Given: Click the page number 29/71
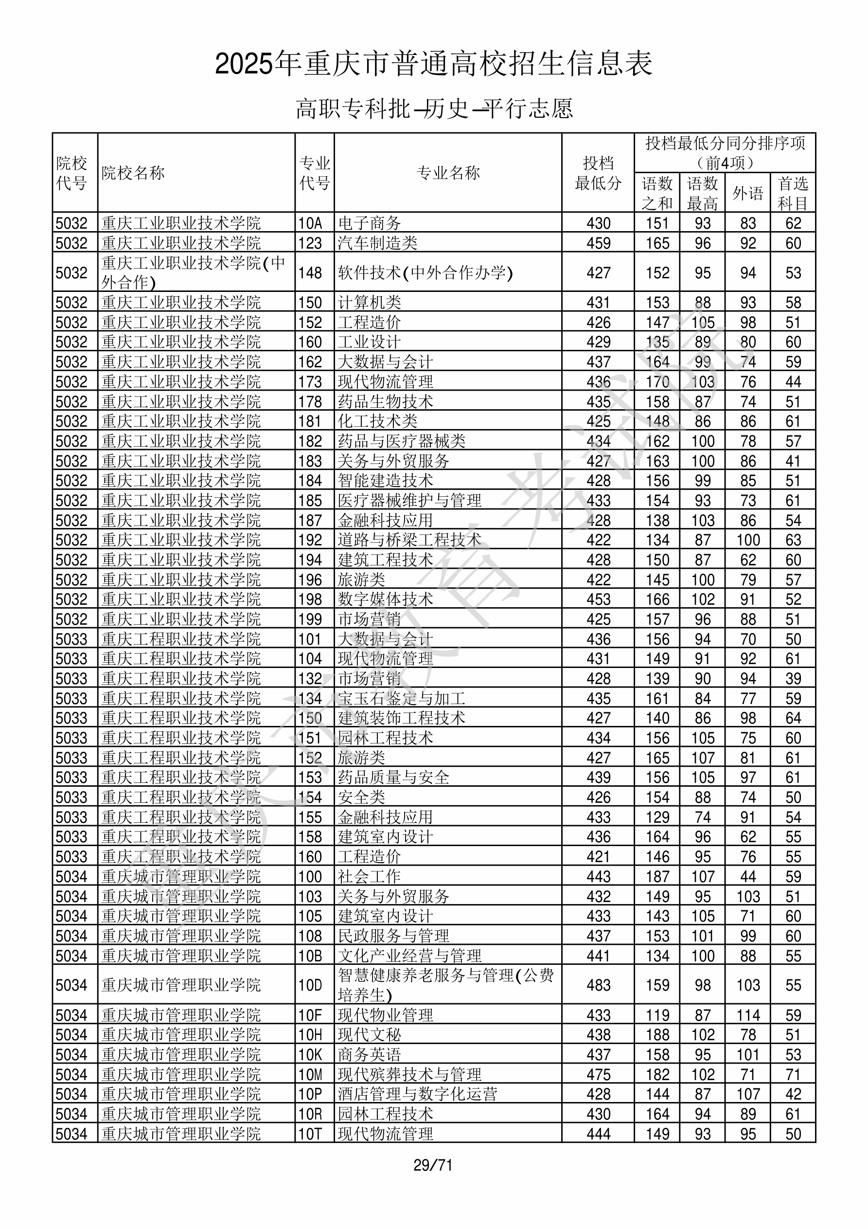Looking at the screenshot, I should point(433,1165).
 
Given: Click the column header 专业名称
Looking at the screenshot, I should point(448,173).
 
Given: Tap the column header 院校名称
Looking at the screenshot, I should point(133,173).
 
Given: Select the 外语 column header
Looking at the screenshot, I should point(747,193).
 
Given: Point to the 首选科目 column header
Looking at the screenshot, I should point(793,193).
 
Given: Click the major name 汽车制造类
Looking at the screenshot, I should point(377,243).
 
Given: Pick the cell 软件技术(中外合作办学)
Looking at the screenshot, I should point(425,273).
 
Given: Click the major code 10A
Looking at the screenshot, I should point(310,223).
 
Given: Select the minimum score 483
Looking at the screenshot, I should point(598,985).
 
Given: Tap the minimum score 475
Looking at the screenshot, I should point(598,1075).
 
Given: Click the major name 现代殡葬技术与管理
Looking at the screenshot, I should point(409,1075).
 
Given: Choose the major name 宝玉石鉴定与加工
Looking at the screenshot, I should point(401,699).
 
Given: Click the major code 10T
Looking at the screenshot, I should point(310,1134).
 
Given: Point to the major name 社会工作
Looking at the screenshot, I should point(369,877).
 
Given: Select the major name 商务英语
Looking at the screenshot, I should point(369,1054).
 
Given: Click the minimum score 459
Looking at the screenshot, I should point(598,243).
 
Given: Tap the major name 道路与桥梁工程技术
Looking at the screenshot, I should point(409,540).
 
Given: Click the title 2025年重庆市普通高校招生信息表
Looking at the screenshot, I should point(433,64).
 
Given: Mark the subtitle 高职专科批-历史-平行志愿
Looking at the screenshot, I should point(434,108).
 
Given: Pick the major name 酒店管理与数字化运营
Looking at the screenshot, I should point(417,1094).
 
